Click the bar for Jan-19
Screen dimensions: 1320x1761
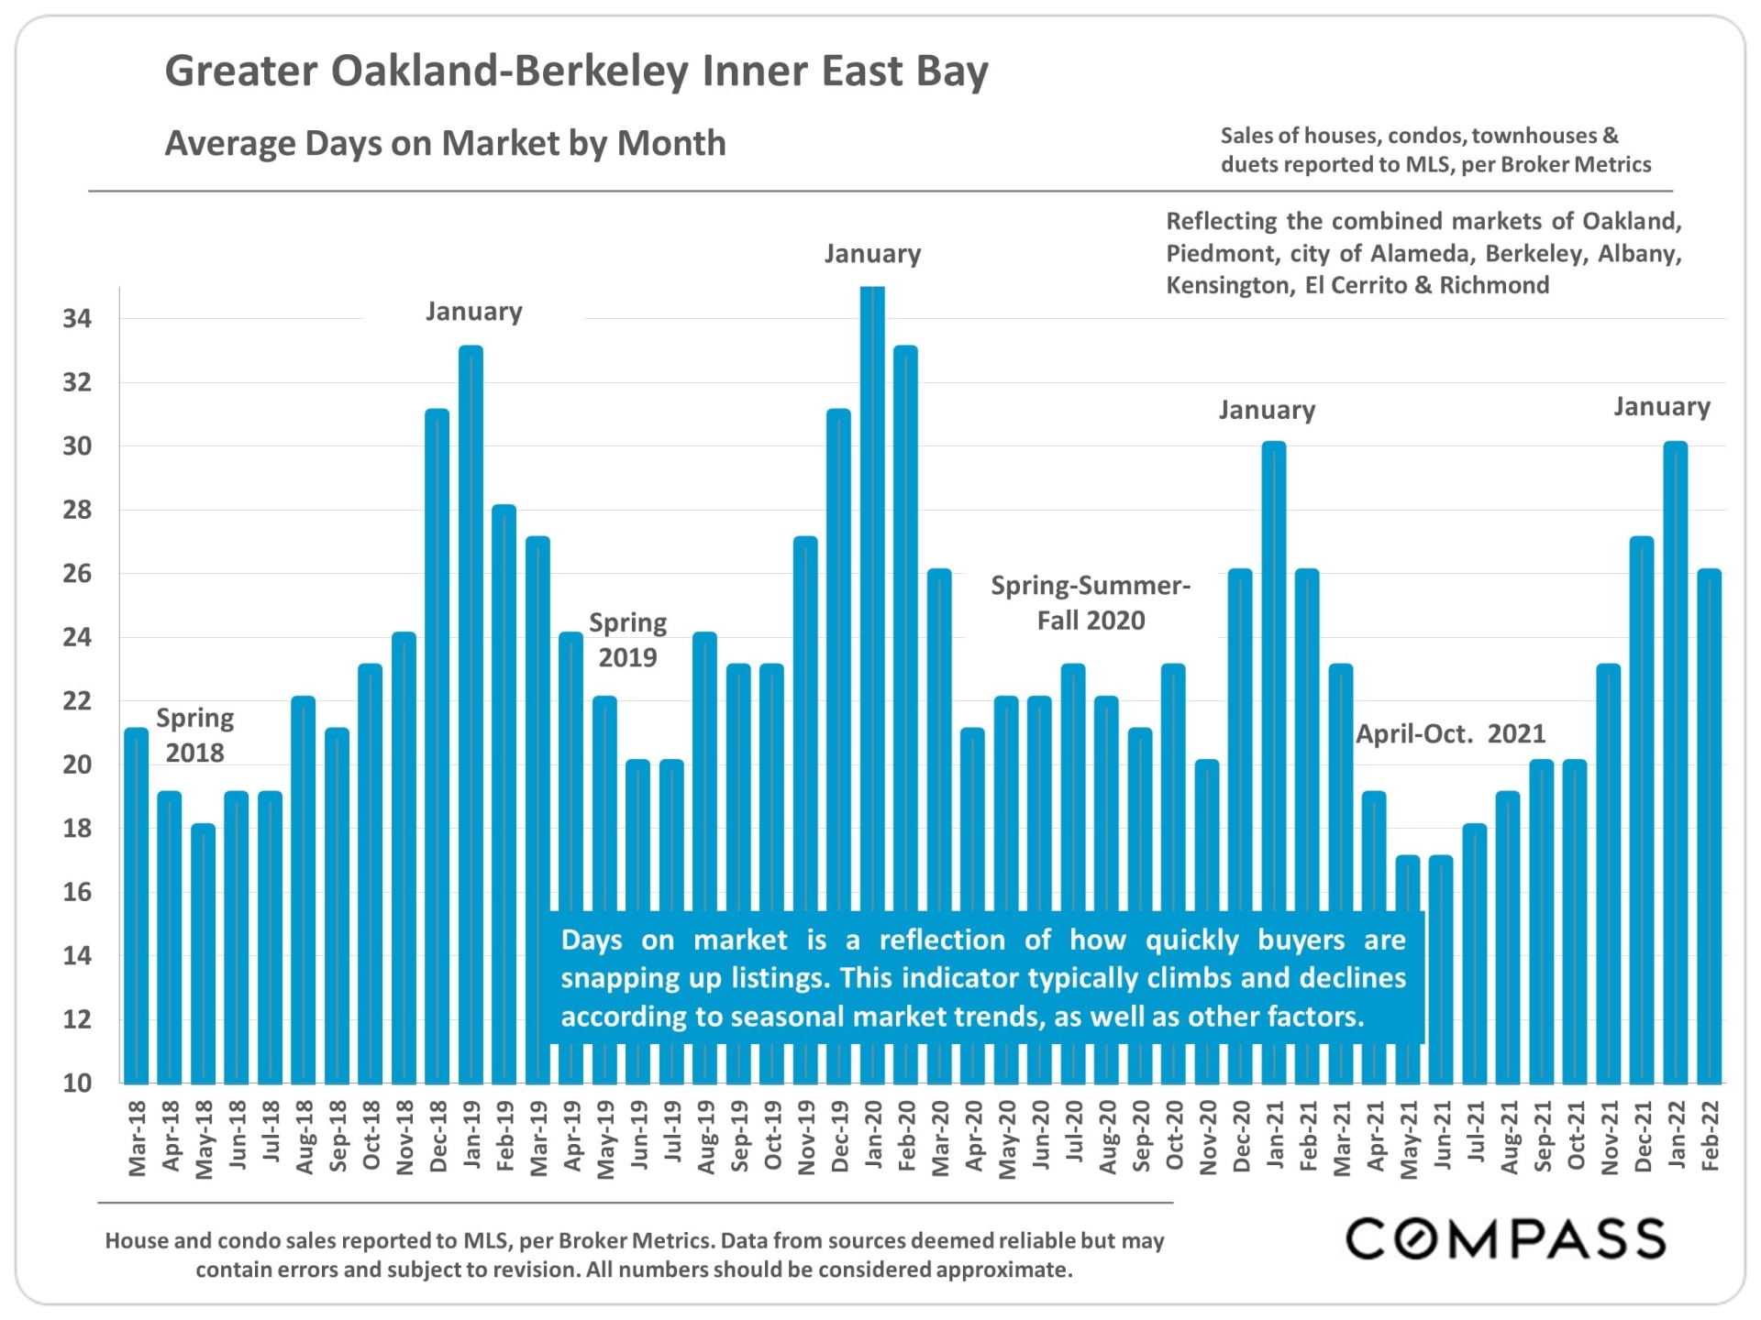(471, 715)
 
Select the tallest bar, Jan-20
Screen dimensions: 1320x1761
(872, 596)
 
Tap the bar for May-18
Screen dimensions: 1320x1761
(204, 953)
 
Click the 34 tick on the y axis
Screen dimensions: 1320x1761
(77, 319)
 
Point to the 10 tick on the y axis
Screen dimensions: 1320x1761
(77, 1083)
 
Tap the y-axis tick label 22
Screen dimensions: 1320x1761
(77, 701)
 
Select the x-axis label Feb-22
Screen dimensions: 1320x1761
(1709, 1136)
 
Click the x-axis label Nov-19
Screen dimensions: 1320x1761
(806, 1137)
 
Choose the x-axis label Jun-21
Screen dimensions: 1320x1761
(1442, 1136)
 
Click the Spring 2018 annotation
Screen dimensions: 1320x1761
(194, 735)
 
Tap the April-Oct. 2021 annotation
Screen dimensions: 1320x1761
(1450, 733)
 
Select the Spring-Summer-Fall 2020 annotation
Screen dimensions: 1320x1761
(1091, 603)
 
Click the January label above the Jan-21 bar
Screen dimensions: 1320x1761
(1267, 410)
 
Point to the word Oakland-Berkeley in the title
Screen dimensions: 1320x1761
(509, 71)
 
